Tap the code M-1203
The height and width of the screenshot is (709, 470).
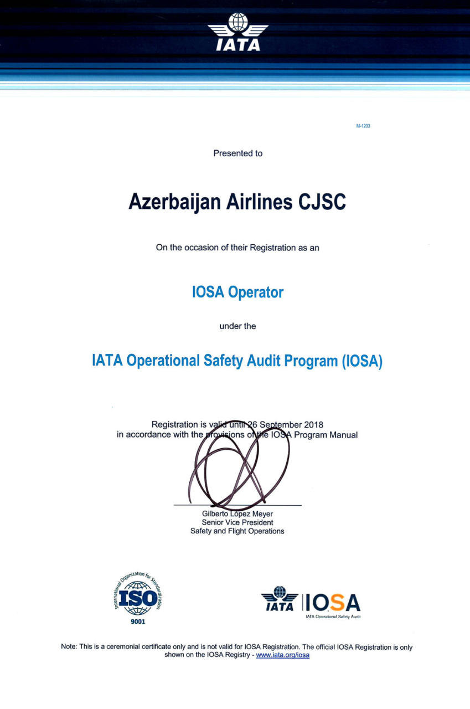pos(363,126)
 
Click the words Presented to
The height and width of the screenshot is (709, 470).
pos(238,153)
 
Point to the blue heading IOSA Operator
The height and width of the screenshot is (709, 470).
pos(237,292)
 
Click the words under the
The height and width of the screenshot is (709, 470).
pos(237,326)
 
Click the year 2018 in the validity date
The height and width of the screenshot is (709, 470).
pos(314,425)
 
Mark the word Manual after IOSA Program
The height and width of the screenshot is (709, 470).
pos(344,435)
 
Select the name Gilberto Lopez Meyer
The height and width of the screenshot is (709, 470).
pos(237,514)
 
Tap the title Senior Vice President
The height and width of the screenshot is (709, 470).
pos(237,522)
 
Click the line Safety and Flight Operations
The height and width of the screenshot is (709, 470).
pos(237,531)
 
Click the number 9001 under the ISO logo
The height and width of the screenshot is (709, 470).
pos(138,621)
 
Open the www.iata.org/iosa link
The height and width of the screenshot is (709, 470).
pos(282,655)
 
